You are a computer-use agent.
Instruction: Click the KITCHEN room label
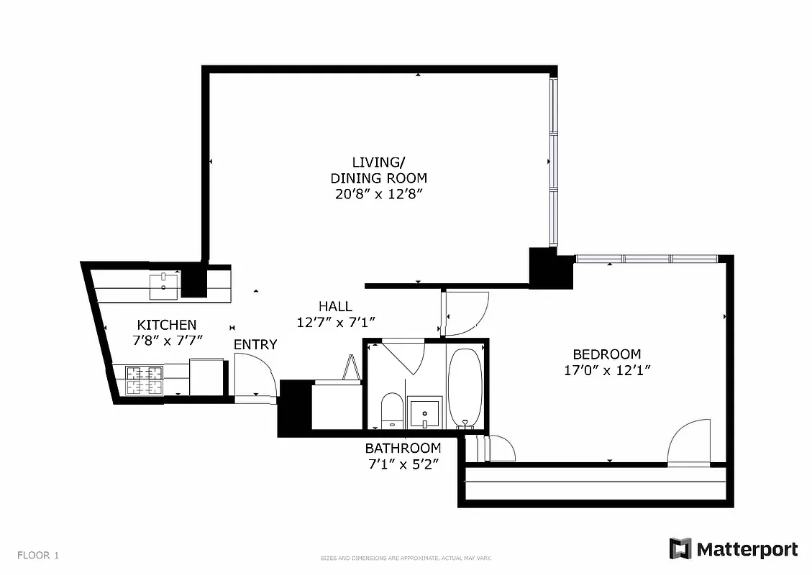point(166,325)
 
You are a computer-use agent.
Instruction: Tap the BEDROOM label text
point(606,354)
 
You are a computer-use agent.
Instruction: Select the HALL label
point(335,307)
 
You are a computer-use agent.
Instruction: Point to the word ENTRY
point(255,345)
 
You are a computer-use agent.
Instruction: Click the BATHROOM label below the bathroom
point(403,448)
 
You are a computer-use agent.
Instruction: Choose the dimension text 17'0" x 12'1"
point(607,371)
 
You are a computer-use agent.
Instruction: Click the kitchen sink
point(164,287)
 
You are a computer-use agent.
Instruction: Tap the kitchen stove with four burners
point(144,380)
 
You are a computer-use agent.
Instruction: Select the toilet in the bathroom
point(392,410)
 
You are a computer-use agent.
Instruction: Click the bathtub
point(465,387)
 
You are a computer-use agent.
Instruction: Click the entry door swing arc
point(255,374)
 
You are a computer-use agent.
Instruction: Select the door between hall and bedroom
point(466,313)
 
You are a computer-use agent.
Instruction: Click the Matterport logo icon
point(680,549)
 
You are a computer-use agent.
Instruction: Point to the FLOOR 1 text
point(38,555)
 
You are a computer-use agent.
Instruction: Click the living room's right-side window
point(553,162)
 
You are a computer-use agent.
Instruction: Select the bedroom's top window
point(647,259)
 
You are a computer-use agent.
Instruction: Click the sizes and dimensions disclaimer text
point(406,558)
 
